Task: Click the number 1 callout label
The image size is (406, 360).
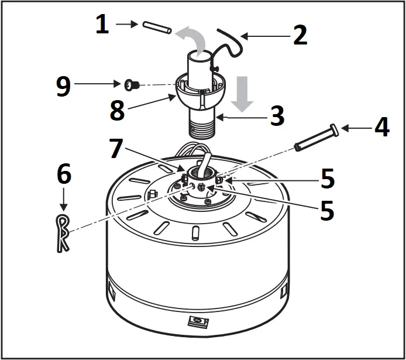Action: click(102, 25)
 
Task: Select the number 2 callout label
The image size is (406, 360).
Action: click(300, 35)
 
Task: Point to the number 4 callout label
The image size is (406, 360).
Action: click(381, 128)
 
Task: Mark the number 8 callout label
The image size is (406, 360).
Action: click(117, 111)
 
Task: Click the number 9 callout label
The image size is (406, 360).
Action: click(63, 85)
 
